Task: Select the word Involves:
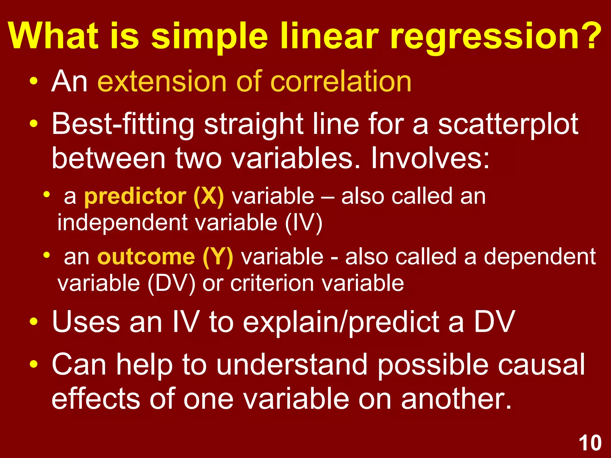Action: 430,158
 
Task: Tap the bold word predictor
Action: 135,197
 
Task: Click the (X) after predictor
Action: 209,197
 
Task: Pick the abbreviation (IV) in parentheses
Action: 303,223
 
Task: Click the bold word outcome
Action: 146,257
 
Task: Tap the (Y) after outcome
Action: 217,257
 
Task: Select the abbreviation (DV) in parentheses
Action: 171,283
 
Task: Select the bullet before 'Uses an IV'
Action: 34,322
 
